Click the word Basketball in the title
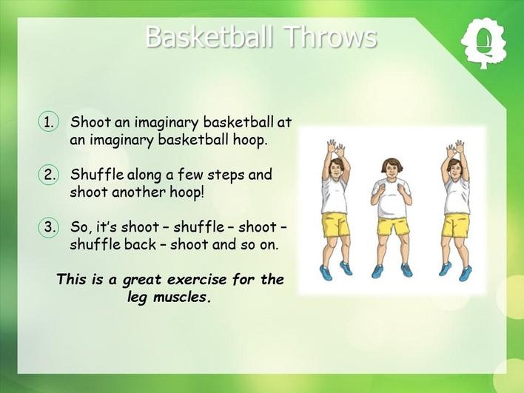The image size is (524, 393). pos(209,36)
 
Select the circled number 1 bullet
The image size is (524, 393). pos(49,122)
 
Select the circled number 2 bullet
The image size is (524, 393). pos(49,175)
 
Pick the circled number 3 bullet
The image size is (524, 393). pos(49,227)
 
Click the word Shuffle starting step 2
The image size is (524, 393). pos(97,174)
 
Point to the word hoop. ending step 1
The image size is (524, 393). pos(250,140)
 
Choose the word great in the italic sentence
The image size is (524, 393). pos(141,280)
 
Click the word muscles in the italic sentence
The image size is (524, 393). pos(182,297)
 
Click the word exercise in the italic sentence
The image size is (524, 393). pos(197,279)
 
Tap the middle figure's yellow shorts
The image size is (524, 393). pos(393,226)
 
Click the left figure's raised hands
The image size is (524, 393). pos(335,148)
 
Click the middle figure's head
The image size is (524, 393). pos(392,169)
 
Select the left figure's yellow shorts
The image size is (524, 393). pos(335,224)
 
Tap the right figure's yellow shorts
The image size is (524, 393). pos(455,225)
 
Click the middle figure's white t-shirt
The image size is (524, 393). pos(392,198)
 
